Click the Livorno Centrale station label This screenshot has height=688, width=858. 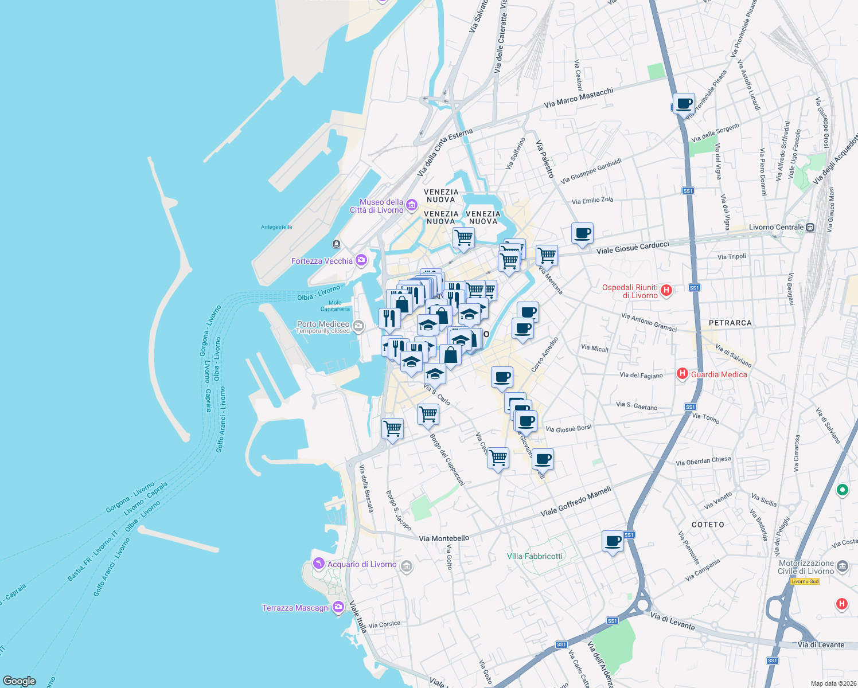[x=776, y=227]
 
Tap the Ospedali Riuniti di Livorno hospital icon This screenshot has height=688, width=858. [x=666, y=290]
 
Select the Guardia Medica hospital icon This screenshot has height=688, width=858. [x=682, y=374]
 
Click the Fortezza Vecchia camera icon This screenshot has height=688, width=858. [x=361, y=261]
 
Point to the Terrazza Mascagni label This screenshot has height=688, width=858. [x=296, y=608]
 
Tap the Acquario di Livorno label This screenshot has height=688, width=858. [x=362, y=564]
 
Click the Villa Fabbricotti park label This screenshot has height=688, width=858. [x=535, y=556]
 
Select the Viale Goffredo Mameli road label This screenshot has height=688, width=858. [x=576, y=501]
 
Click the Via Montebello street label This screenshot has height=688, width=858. [x=444, y=538]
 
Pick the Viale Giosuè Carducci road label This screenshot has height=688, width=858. [x=633, y=248]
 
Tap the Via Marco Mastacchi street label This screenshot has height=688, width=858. [x=579, y=97]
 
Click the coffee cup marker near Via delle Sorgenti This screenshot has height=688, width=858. [x=684, y=104]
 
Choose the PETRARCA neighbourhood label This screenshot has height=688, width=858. [x=730, y=323]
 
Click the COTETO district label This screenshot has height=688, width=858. [x=708, y=525]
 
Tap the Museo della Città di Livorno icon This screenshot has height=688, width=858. [x=411, y=205]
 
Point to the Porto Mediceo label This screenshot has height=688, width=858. [x=323, y=324]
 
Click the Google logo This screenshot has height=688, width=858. [x=19, y=681]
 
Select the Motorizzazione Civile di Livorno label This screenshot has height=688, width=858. [x=806, y=567]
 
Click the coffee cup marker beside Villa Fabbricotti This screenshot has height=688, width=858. [x=613, y=541]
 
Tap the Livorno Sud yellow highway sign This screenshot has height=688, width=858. [x=805, y=581]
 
